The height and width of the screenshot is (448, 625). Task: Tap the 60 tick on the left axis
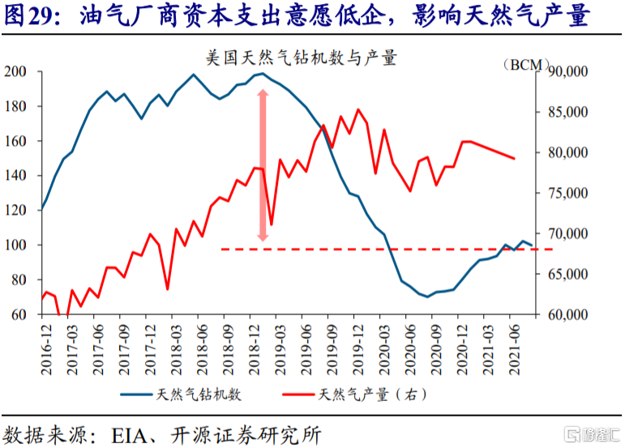pos(18,314)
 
